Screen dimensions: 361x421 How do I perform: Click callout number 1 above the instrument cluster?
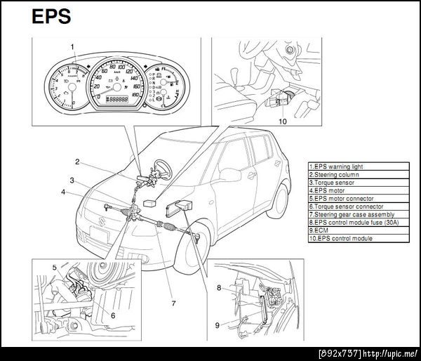click(x=72, y=47)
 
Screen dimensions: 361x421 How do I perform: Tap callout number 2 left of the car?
click(x=77, y=162)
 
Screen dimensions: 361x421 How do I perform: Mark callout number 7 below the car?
click(x=173, y=303)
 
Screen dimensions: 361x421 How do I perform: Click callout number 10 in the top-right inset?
click(x=283, y=121)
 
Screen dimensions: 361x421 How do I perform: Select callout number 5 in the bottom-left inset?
click(x=54, y=268)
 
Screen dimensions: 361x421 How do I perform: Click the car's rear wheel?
click(x=280, y=200)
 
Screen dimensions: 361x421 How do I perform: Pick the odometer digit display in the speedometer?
click(x=116, y=100)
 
